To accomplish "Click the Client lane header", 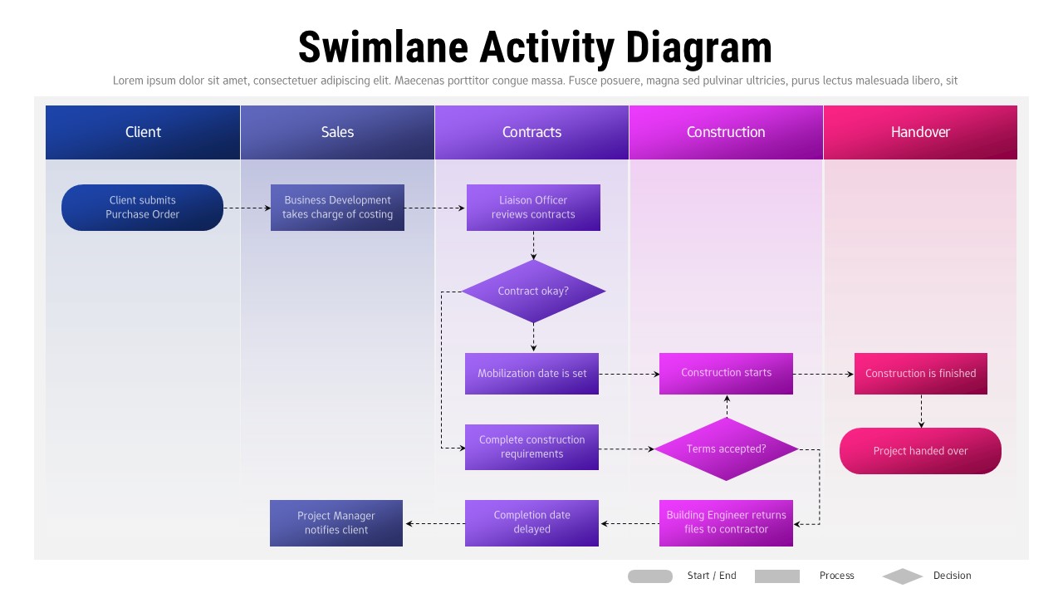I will pos(143,132).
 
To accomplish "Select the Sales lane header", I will pos(337,132).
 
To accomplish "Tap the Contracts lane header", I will pos(531,132).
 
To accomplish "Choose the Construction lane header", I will pos(726,132).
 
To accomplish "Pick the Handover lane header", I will pos(920,132).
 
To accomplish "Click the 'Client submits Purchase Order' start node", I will pos(142,208).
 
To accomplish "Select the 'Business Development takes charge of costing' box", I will pos(337,208).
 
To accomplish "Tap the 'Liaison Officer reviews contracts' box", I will pos(533,208).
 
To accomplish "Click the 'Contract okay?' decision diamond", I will pos(533,292).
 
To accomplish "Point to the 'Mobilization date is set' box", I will pos(531,374).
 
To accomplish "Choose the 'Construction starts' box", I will pos(726,374).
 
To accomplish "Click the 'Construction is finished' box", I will pos(920,374).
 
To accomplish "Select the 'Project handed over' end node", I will pos(920,451).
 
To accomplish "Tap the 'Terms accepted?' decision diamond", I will pos(726,449).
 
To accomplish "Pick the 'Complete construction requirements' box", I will pos(531,447).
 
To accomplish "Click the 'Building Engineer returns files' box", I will pos(726,522).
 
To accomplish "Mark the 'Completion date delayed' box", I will pos(531,522).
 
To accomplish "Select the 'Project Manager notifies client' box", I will pos(336,523).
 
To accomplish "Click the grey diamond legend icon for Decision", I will pos(903,576).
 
